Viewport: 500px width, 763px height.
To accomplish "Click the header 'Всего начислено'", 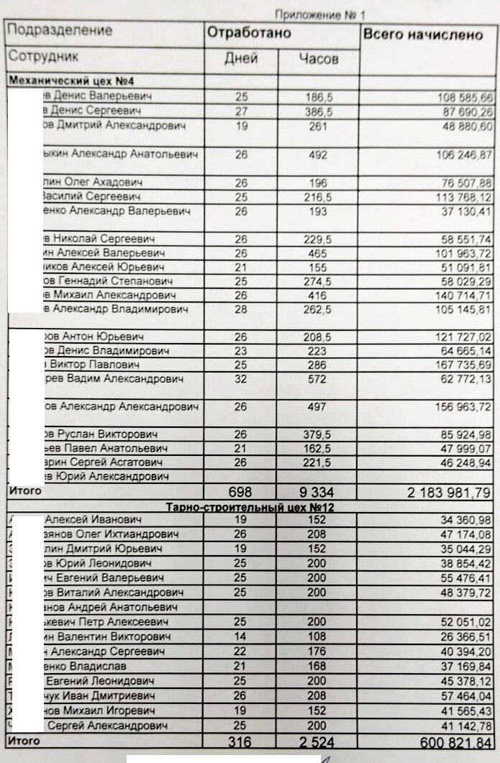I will pos(422,35).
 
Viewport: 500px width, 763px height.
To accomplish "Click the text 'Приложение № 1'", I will pos(319,14).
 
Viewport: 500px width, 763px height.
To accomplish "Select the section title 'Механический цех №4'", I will pos(57,81).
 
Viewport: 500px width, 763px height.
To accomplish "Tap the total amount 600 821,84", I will pos(450,742).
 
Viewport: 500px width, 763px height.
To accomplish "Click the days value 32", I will pos(241,379).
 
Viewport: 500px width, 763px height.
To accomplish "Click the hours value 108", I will pos(317,638).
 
